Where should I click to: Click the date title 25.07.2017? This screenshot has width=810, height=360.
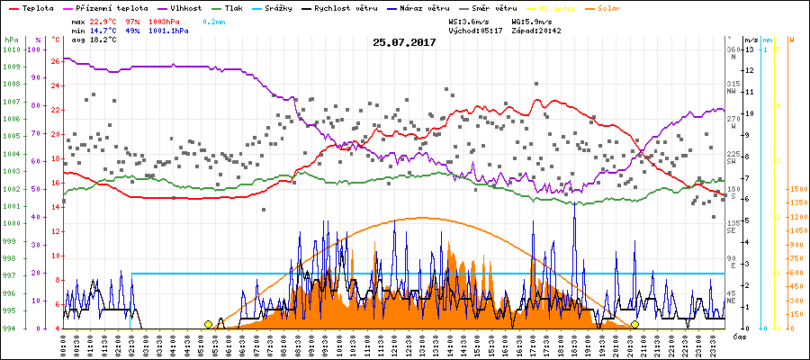click(x=404, y=42)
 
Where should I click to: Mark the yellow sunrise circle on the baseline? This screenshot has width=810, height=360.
click(x=209, y=324)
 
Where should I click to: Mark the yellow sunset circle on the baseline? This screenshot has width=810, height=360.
click(x=634, y=324)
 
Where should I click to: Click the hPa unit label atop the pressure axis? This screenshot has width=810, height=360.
click(x=10, y=40)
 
